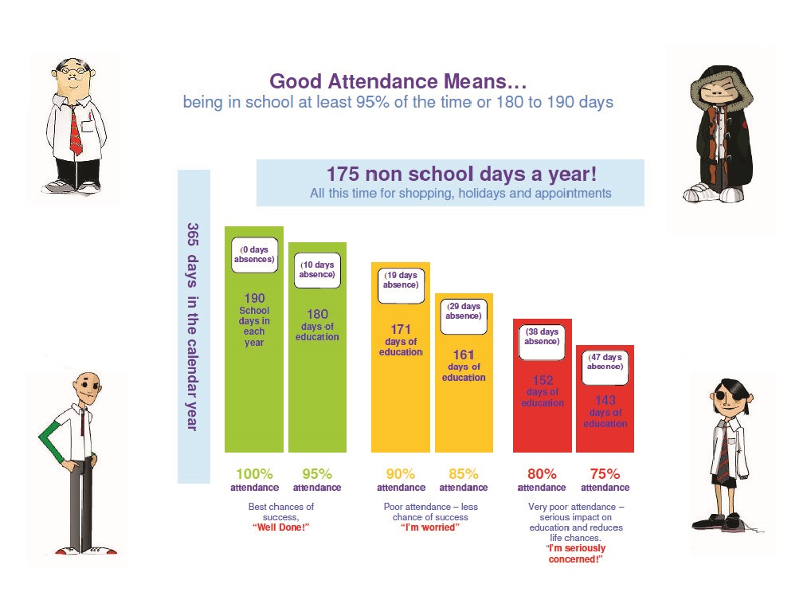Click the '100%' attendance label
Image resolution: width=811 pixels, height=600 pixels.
[254, 474]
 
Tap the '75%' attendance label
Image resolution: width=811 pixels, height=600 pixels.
[605, 474]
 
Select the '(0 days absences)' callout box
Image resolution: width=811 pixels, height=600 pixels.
[254, 254]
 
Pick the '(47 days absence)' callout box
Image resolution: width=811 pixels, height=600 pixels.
[605, 367]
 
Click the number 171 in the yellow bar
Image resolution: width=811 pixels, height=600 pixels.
[401, 330]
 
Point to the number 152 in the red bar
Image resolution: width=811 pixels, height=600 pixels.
[543, 380]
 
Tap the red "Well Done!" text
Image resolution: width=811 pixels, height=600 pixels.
[281, 527]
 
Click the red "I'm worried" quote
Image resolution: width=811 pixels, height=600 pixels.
[430, 527]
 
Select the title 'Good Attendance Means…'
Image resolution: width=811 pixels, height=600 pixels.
[398, 82]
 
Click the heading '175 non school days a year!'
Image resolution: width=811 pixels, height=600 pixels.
[461, 175]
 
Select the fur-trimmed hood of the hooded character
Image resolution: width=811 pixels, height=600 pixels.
[721, 83]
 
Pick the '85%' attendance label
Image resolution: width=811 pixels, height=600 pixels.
[464, 474]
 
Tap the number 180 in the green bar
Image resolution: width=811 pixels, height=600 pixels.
[317, 315]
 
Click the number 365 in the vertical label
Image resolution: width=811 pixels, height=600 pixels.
[193, 234]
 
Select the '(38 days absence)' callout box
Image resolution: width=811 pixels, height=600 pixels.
[542, 342]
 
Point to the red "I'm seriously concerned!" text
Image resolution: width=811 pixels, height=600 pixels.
[576, 554]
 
